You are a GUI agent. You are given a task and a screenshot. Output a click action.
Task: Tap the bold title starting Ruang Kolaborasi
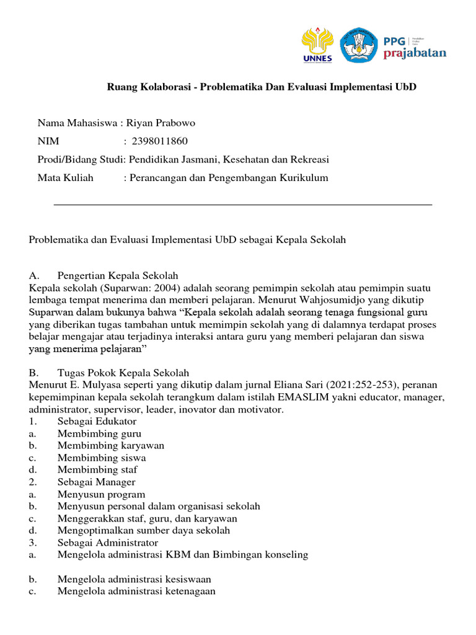pyautogui.click(x=262, y=86)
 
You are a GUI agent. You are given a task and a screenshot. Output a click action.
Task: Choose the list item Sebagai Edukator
pyautogui.click(x=97, y=421)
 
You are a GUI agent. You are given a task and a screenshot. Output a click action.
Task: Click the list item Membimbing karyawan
pyautogui.click(x=111, y=445)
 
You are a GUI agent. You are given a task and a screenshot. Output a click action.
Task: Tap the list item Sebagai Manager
pyautogui.click(x=96, y=482)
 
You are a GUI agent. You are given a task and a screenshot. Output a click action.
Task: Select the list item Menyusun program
pyautogui.click(x=101, y=494)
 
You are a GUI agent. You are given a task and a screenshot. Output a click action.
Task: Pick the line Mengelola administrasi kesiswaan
pyautogui.click(x=134, y=579)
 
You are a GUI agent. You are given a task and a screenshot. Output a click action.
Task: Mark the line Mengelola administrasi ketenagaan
pyautogui.click(x=136, y=591)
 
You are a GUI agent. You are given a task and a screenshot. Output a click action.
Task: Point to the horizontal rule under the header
pyautogui.click(x=243, y=204)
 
